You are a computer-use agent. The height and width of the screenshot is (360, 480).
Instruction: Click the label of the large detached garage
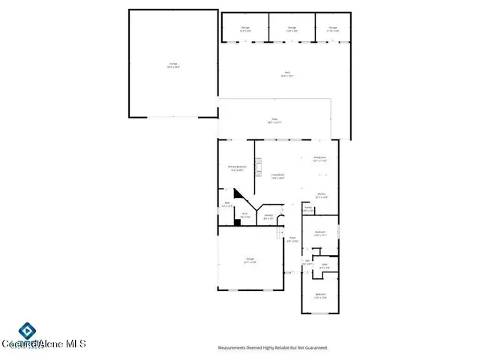point(173,65)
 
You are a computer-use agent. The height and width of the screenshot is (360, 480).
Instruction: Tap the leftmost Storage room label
point(245,29)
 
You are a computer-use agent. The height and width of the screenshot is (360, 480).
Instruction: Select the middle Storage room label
point(292,29)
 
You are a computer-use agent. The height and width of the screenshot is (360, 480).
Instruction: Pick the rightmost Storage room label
point(332,29)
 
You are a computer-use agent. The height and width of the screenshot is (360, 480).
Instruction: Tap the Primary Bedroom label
point(238,168)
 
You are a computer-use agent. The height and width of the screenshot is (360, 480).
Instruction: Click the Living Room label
point(277,177)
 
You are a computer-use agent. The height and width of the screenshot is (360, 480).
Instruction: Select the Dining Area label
point(319,159)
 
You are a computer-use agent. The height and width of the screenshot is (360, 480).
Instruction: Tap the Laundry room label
point(268,217)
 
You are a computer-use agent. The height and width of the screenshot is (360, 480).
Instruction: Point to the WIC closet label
point(244,215)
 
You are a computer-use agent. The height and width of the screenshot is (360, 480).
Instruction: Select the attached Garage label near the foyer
point(249,260)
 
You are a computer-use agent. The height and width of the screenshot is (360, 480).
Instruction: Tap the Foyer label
point(292,240)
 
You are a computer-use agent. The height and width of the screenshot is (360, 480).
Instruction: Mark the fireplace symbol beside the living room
point(259,165)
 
